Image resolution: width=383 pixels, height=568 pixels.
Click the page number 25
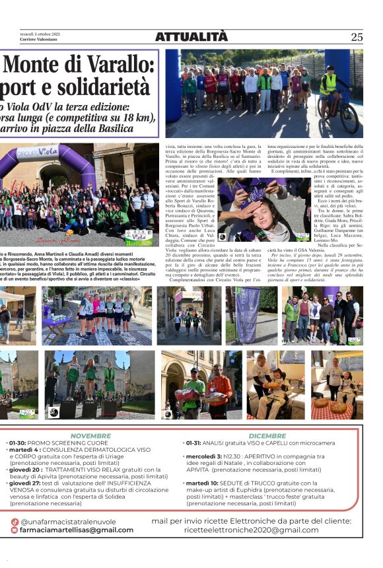pos(357,37)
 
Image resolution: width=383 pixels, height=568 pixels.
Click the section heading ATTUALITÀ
pos(191,37)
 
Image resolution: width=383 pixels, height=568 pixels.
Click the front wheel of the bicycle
pos(349,122)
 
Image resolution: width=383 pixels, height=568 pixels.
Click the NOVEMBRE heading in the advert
pos(90,436)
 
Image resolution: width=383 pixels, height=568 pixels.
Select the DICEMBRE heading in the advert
pos(267,436)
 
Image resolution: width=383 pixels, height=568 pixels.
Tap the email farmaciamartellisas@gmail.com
pos(77,530)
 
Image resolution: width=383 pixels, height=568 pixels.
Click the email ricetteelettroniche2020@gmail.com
pos(251,530)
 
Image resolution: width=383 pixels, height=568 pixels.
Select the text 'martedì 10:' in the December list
pos(203,483)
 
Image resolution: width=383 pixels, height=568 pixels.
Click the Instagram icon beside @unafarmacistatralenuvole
pos(15,522)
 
